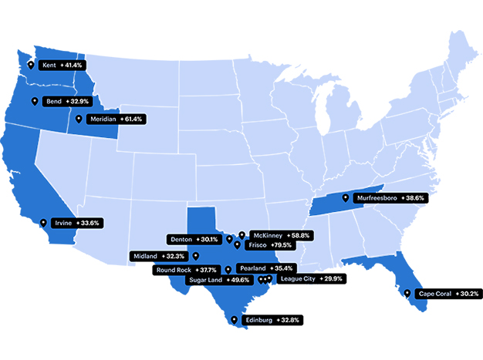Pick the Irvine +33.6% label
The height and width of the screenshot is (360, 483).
click(78, 223)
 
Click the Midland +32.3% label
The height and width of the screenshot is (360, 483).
click(159, 255)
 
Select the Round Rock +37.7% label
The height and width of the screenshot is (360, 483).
click(185, 270)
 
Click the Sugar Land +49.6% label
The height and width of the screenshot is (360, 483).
click(218, 280)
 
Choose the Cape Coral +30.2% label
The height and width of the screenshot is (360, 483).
click(448, 294)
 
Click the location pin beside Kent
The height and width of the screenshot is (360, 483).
click(31, 66)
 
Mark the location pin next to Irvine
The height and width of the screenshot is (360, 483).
click(43, 223)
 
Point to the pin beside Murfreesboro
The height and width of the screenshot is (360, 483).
click(345, 197)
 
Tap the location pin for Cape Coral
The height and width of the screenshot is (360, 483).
click(407, 293)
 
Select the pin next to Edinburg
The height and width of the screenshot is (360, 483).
click(234, 318)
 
